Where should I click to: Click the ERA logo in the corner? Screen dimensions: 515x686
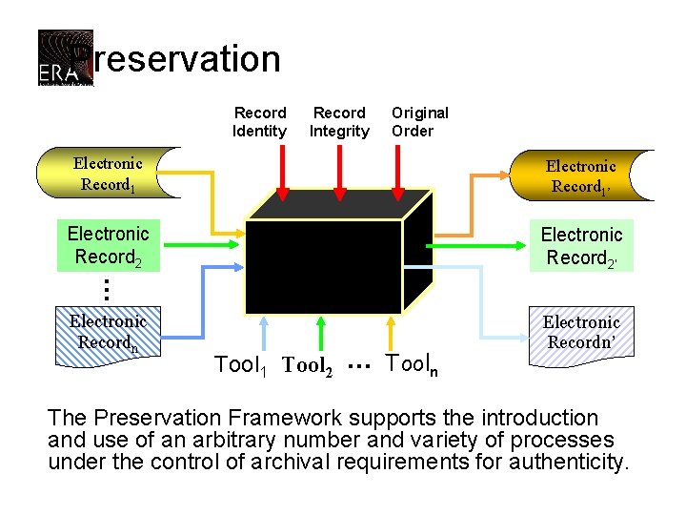click(65, 58)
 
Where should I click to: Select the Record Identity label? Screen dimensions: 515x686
click(259, 122)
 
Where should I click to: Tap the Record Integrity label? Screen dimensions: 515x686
click(339, 122)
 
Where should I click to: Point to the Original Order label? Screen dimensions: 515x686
click(419, 122)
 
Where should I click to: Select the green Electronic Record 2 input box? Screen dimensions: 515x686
click(108, 245)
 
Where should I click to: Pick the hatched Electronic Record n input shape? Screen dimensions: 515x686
click(108, 332)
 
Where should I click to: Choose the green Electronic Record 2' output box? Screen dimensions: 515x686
click(580, 246)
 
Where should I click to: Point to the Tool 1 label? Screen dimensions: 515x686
click(241, 364)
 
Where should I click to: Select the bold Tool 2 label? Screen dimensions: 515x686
click(308, 365)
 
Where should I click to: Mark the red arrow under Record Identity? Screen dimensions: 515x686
click(282, 181)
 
